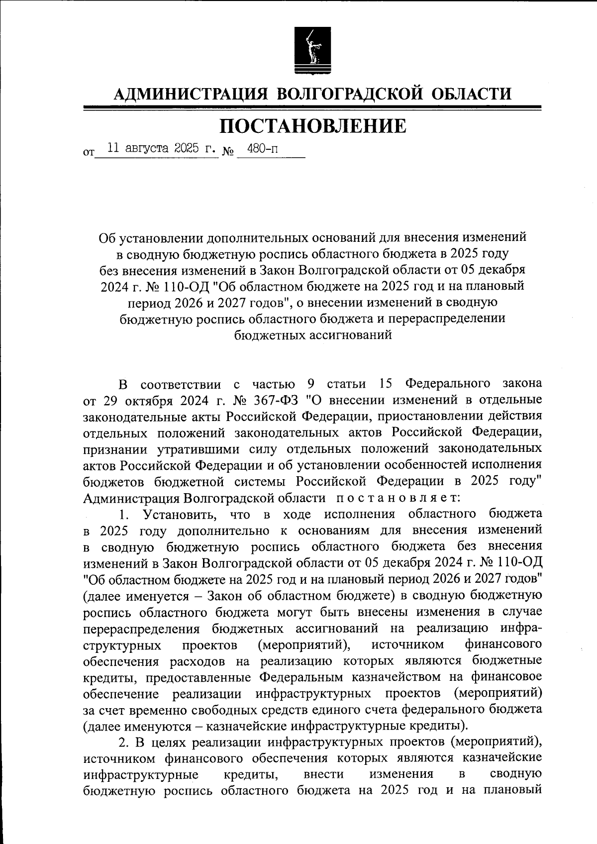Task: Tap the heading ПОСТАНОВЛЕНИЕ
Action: click(x=312, y=126)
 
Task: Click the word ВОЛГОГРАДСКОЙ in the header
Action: click(x=349, y=94)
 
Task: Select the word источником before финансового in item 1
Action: click(x=407, y=645)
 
